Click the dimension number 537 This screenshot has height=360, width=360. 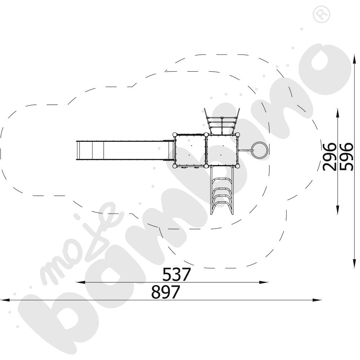click(176, 275)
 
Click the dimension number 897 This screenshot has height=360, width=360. click(165, 292)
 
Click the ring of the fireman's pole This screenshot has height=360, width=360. click(260, 150)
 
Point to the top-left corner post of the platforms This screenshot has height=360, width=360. click(175, 135)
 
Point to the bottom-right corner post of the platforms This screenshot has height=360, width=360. click(238, 166)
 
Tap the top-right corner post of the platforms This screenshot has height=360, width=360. click(238, 135)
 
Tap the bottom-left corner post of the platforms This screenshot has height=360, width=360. click(175, 166)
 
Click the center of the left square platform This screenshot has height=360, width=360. click(190, 150)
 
